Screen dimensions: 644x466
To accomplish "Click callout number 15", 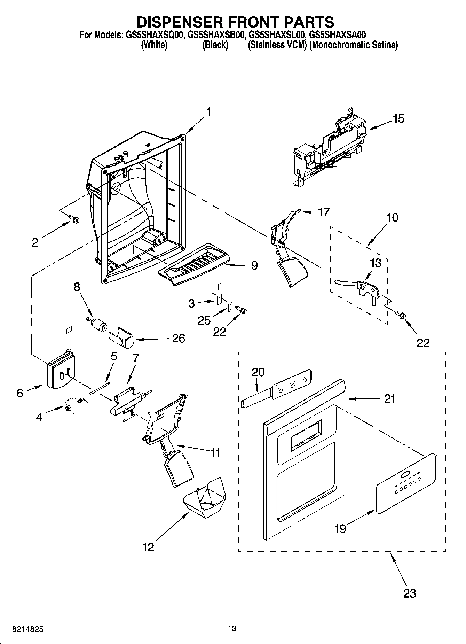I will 398,119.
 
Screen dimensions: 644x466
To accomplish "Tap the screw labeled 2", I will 74,219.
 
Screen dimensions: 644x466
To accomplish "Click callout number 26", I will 179,338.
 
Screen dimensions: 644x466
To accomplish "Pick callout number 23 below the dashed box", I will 410,593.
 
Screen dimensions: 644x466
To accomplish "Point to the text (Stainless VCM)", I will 277,45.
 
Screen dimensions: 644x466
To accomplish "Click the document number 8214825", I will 28,629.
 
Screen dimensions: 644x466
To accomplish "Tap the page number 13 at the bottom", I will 232,628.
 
